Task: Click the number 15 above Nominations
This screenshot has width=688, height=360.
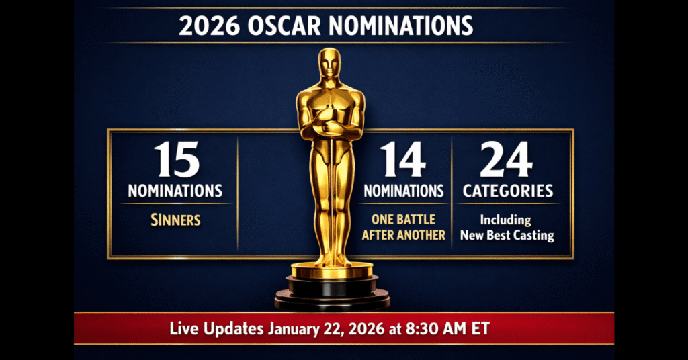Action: [x=175, y=160]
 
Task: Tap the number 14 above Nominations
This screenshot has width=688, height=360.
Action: [x=404, y=160]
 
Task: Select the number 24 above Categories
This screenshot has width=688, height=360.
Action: [x=507, y=160]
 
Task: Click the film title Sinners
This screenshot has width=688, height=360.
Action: [x=175, y=220]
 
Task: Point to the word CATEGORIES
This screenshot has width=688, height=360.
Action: [x=507, y=191]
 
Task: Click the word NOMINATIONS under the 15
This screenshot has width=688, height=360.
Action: [x=175, y=191]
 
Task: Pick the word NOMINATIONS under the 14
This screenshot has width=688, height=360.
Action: [x=404, y=191]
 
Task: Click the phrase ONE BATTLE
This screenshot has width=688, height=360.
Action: [x=404, y=220]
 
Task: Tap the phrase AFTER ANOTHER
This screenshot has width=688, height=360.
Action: [x=404, y=235]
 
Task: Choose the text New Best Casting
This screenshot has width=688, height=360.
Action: [x=507, y=235]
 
